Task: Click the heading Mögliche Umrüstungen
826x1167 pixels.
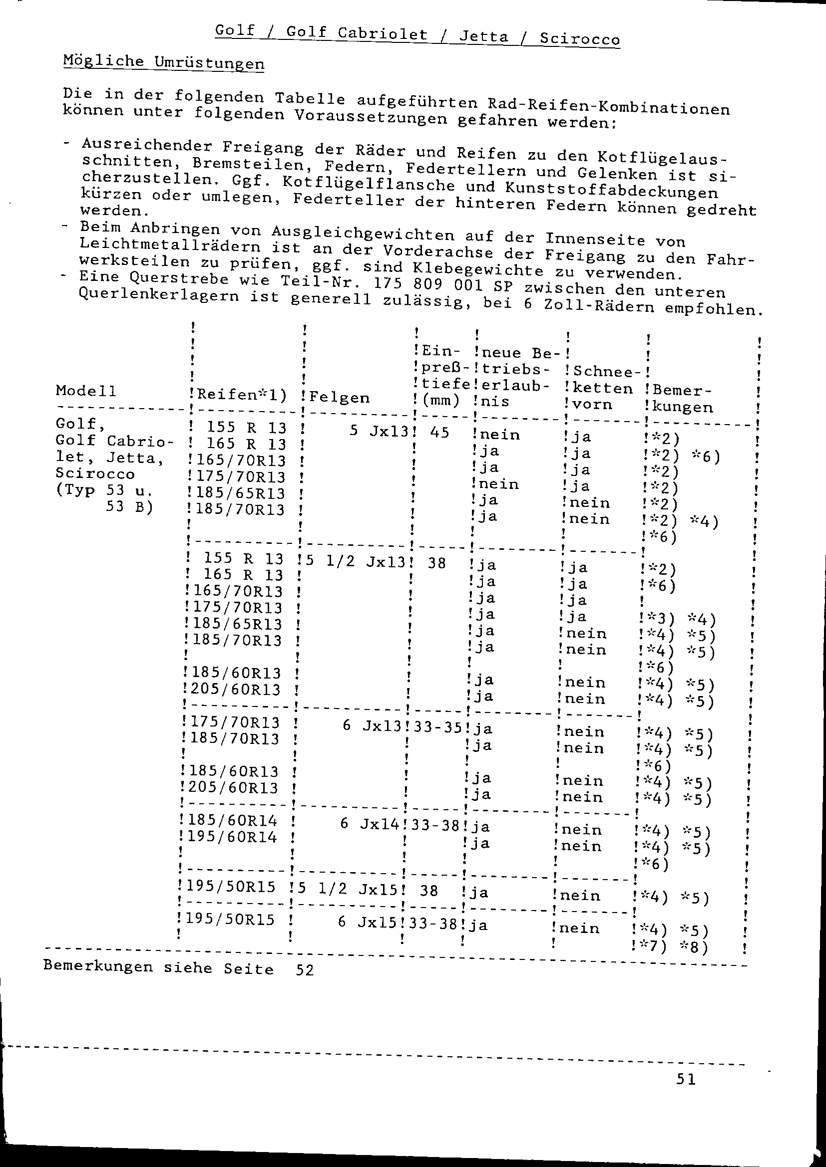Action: click(163, 62)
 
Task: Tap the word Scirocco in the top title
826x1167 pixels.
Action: click(579, 38)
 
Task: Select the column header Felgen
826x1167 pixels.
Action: click(339, 398)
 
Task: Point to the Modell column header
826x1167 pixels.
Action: click(86, 391)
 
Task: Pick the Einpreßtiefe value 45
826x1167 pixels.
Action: click(439, 432)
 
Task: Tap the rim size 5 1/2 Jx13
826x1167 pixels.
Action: click(356, 561)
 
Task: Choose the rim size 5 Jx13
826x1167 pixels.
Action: click(379, 431)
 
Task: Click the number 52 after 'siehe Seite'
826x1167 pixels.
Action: click(305, 970)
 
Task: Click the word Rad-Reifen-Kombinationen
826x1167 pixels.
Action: click(608, 107)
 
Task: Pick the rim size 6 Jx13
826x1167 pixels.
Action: click(374, 725)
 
